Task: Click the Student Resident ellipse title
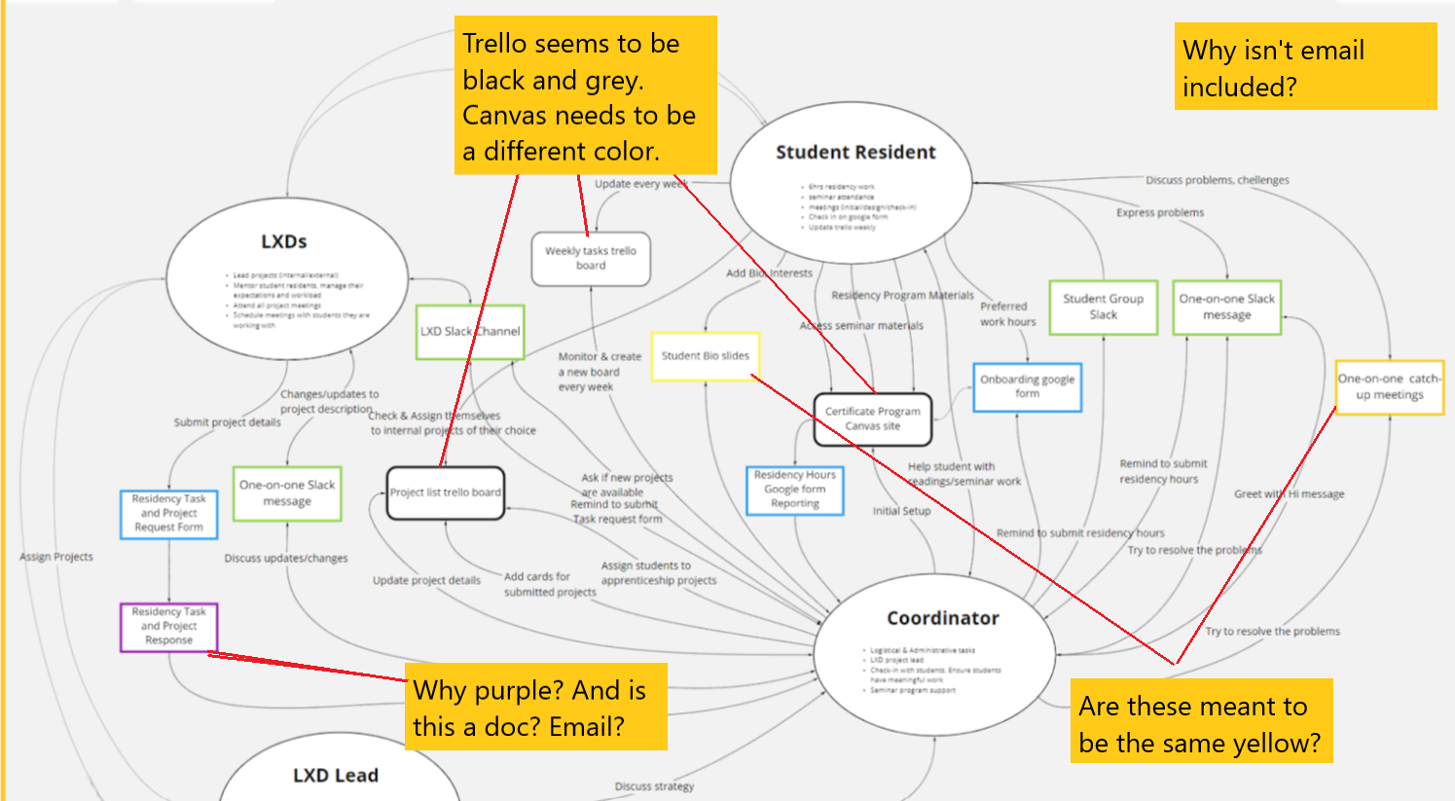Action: [855, 152]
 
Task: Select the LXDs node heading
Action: [284, 241]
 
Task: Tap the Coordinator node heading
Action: [942, 618]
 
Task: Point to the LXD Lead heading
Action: [336, 776]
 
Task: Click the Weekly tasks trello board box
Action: [591, 259]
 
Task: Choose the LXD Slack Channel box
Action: [470, 332]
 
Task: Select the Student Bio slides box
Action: [705, 356]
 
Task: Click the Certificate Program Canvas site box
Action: [872, 419]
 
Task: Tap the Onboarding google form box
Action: [1027, 386]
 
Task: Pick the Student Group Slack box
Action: [1103, 308]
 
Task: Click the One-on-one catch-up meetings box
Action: [1389, 387]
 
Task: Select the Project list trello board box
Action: [445, 492]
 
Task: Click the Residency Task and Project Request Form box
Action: [169, 514]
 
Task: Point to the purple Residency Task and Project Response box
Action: [169, 627]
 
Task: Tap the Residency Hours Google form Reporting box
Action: [794, 490]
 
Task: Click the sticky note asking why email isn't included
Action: [1304, 66]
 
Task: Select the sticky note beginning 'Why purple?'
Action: [535, 708]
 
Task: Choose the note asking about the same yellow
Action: [1200, 722]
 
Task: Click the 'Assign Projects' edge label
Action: [56, 557]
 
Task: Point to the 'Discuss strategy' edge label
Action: [654, 786]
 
